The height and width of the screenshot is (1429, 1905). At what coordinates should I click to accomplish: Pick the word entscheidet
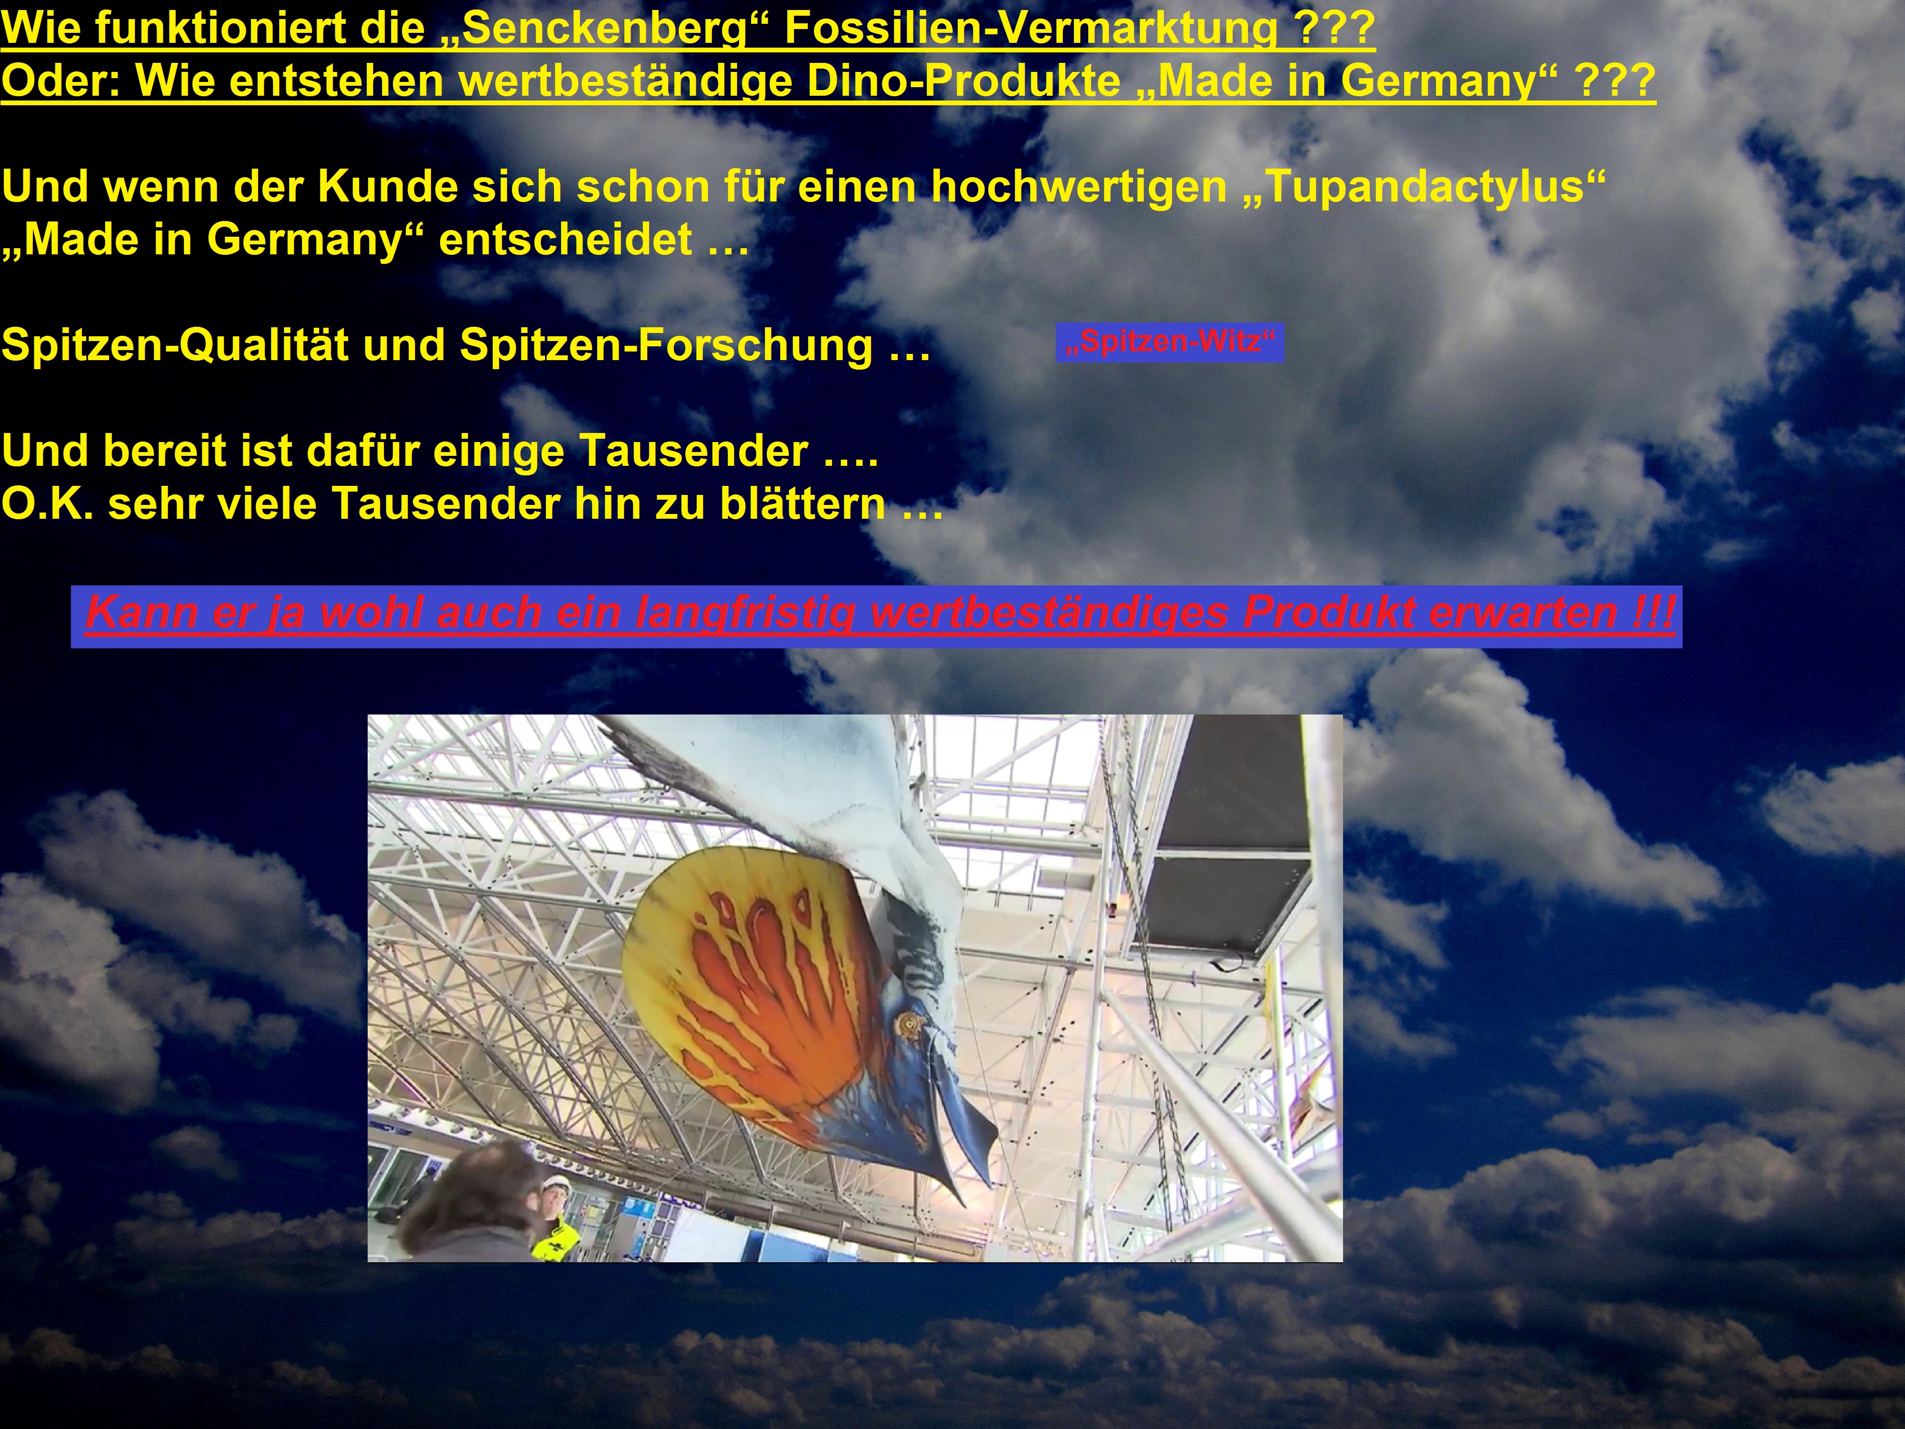(x=565, y=240)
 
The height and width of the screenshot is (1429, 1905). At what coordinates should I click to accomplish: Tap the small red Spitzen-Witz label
(x=1170, y=342)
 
